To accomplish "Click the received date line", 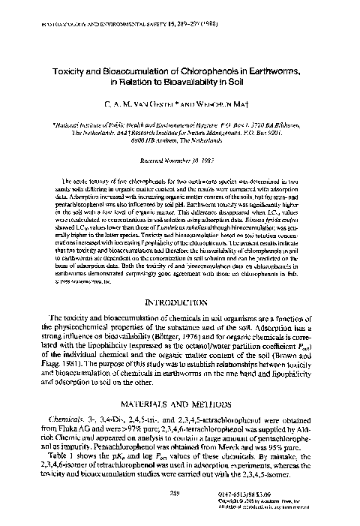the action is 180,160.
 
